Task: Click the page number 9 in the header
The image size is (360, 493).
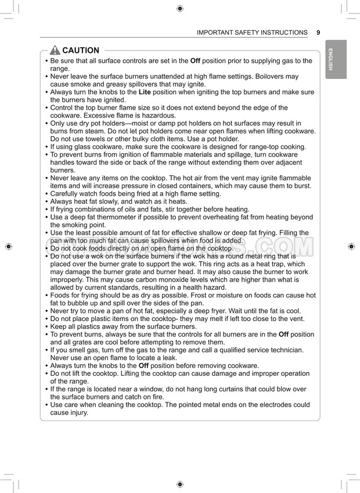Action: coord(318,33)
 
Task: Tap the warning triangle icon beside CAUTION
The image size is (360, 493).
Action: coord(55,51)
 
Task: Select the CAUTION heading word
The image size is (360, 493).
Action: coord(81,51)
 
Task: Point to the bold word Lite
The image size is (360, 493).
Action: coord(145,92)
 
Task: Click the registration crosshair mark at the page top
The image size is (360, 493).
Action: coord(180,8)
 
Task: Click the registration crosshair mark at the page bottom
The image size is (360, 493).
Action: coord(180,484)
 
